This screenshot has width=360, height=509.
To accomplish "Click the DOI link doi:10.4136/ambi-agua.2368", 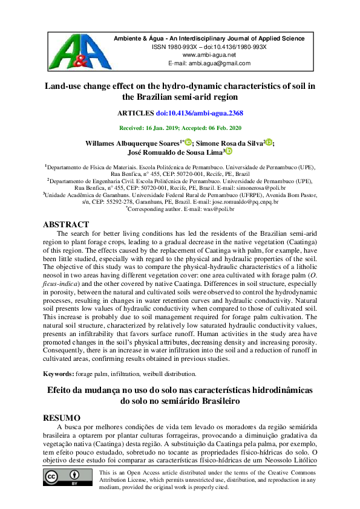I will coord(200,113).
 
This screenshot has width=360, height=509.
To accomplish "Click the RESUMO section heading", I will coord(63,418).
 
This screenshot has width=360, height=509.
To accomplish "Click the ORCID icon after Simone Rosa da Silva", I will coord(269,143).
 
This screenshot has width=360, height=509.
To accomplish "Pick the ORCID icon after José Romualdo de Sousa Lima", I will coord(229,154).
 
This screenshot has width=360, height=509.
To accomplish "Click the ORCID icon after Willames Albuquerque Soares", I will coord(188,143).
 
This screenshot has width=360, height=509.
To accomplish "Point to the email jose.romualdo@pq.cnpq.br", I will coord(243,203).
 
